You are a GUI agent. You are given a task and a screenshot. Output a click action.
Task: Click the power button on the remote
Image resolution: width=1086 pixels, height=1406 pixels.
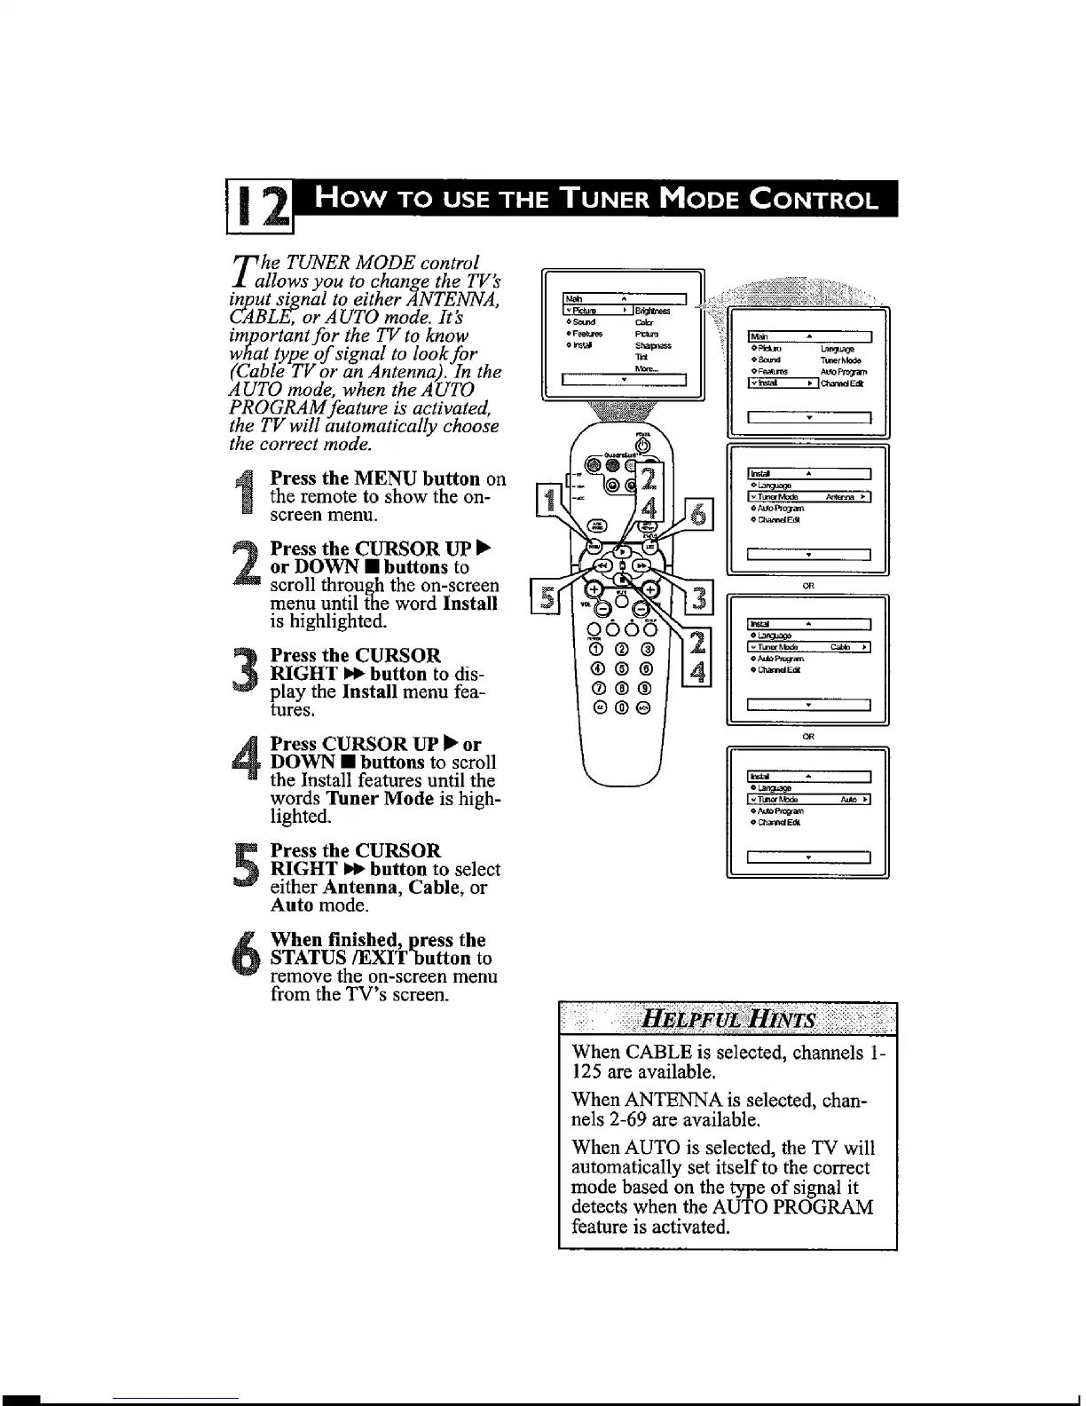642,445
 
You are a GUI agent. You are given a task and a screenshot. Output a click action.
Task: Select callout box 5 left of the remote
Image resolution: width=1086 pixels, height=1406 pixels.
544,596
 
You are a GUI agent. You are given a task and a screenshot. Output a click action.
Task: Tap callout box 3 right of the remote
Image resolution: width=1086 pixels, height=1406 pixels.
699,598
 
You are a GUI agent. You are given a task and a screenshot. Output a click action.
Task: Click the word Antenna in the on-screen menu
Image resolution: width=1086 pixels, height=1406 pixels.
839,497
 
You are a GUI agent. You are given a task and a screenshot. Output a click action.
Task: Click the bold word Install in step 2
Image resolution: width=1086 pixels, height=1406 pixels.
470,604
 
